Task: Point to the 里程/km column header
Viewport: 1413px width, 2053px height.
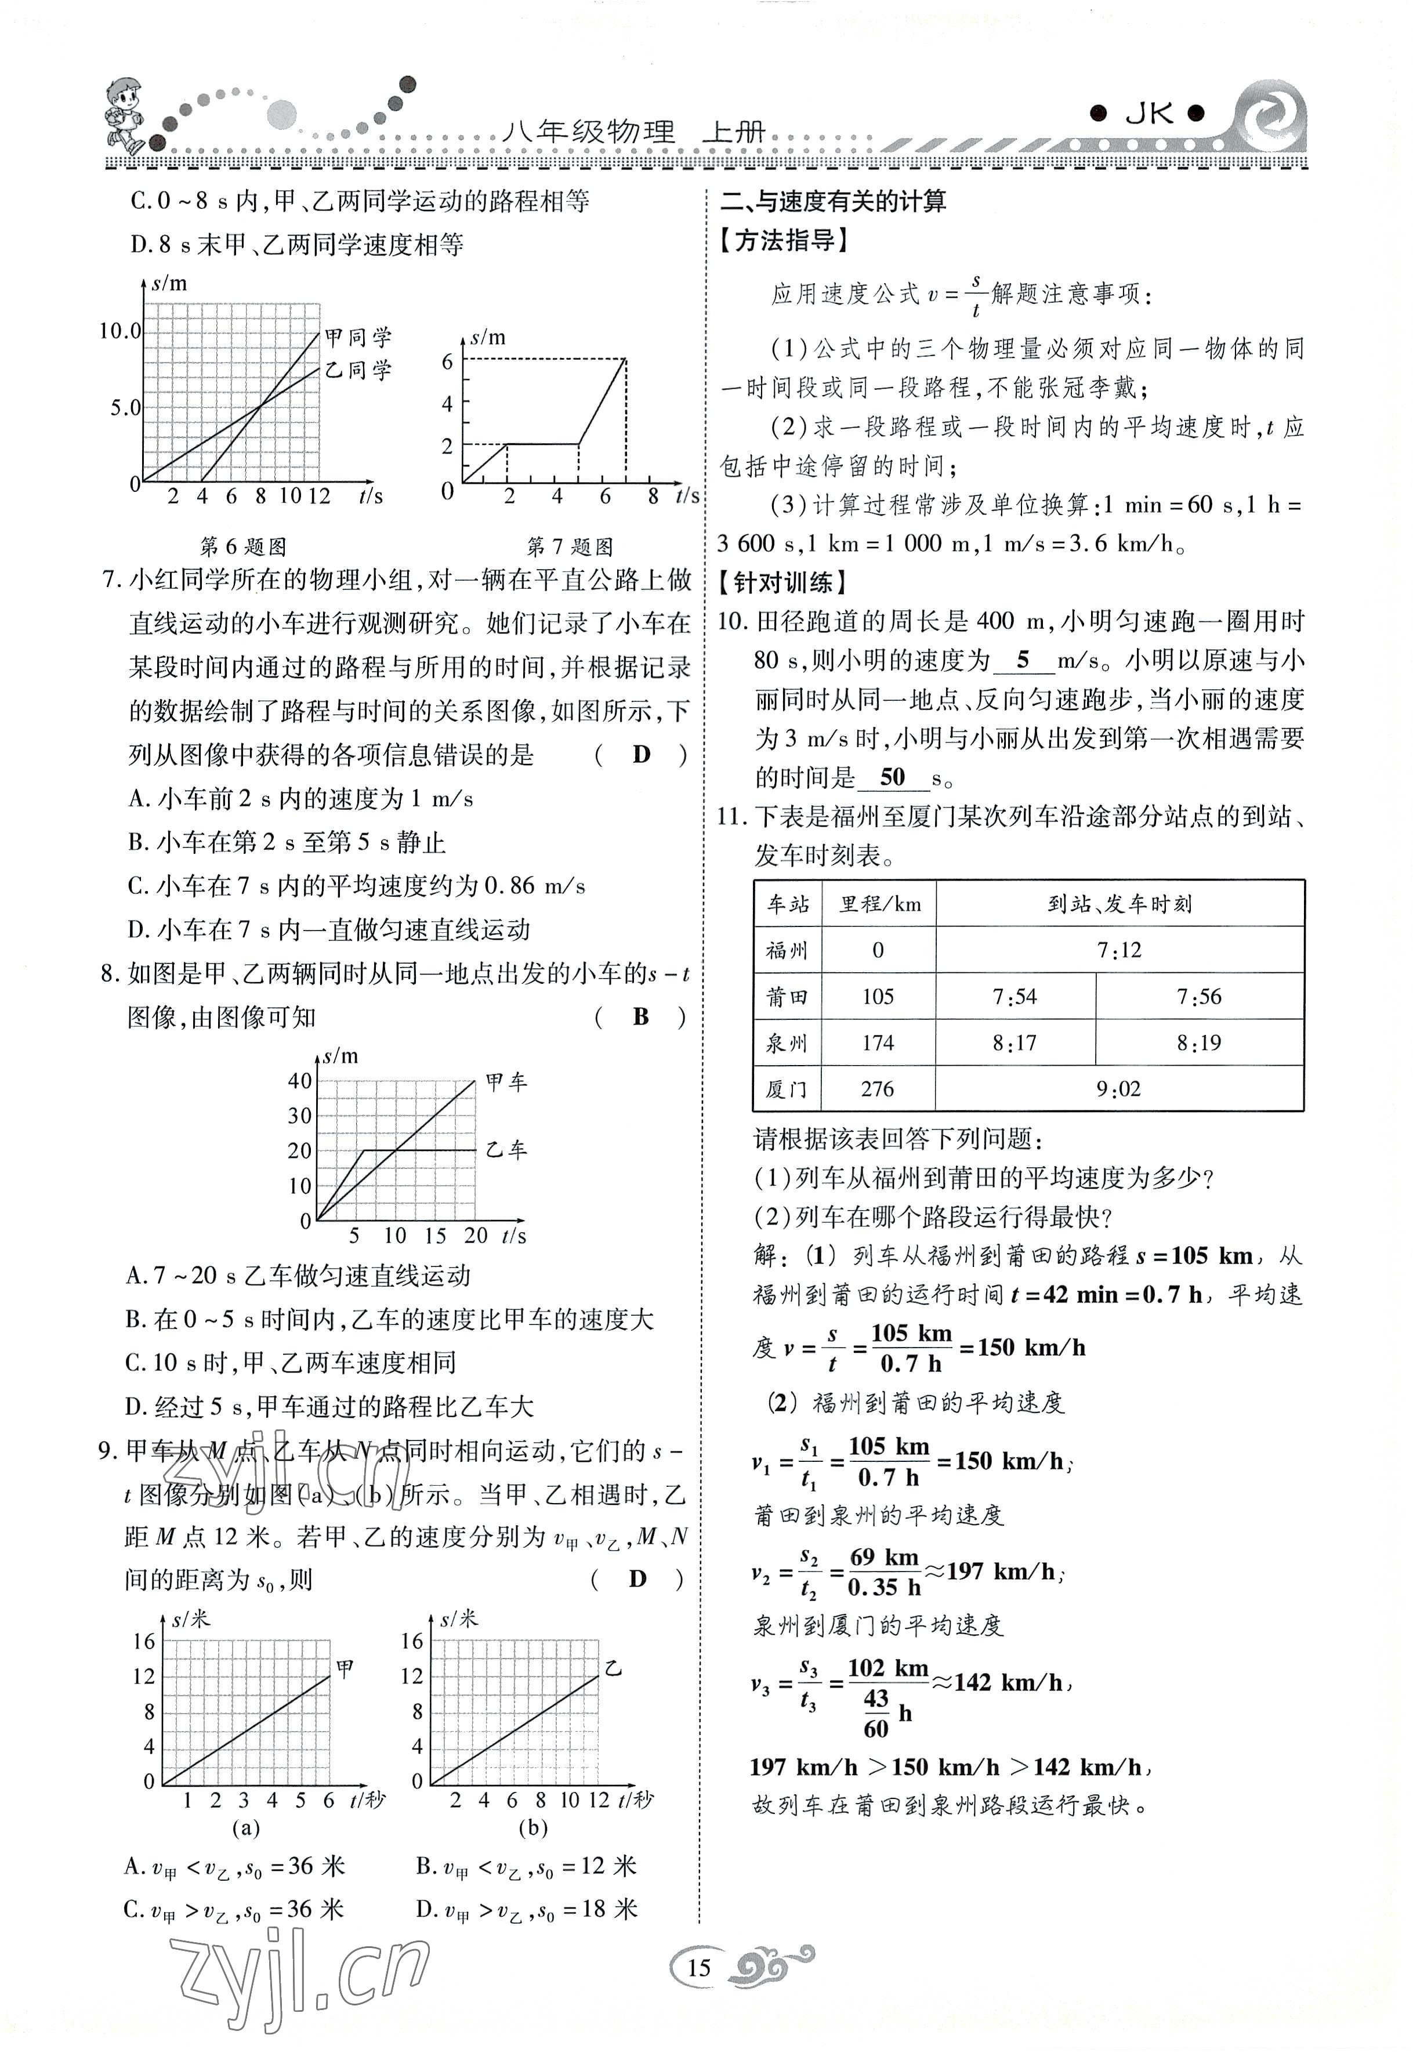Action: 879,904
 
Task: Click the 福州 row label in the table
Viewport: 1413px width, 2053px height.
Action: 787,951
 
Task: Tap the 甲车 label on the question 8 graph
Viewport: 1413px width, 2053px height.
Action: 506,1082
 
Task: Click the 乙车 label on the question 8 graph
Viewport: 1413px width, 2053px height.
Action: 506,1150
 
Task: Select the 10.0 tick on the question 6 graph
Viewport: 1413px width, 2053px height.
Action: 119,331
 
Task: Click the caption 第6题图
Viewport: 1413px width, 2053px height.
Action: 244,546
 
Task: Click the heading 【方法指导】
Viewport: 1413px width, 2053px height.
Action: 784,240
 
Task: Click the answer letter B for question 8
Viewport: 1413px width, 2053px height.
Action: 641,1017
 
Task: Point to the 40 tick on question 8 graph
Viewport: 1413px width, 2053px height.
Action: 300,1081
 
